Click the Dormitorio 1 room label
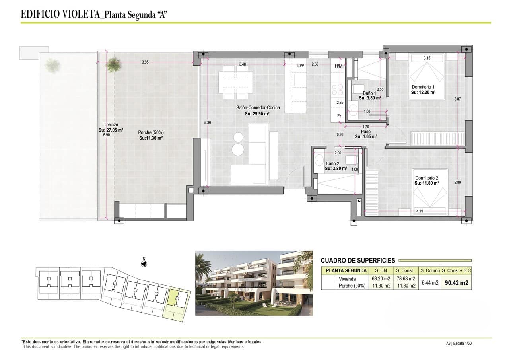pos(423,87)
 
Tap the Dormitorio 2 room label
pos(426,178)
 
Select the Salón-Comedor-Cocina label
pos(257,108)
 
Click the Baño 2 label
pos(332,163)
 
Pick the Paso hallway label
pos(366,132)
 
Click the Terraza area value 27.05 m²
pos(111,130)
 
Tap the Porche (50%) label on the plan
pos(151,133)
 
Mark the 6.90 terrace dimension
pos(106,135)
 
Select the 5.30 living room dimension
pos(208,123)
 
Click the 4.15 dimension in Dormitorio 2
pos(420,211)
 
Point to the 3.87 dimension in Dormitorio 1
pos(458,99)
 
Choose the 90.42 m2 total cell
pos(456,283)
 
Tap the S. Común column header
pos(429,270)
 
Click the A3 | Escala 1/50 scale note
pos(458,343)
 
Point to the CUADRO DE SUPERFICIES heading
pos(358,261)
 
